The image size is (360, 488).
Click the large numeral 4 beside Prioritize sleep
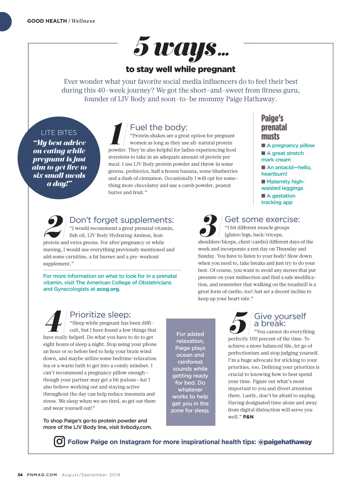[54, 322]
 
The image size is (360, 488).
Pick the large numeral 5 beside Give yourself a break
[238, 323]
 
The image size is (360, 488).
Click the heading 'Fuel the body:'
[159, 127]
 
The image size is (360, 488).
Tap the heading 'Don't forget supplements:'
[121, 220]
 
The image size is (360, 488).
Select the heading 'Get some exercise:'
[262, 219]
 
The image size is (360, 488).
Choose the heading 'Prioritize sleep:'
[100, 315]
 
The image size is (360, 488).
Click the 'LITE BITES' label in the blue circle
[59, 133]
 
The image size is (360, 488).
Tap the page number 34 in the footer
[20, 475]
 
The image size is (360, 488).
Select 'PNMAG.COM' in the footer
[42, 475]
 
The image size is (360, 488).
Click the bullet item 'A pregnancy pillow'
[290, 145]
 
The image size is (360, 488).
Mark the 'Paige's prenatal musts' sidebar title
[274, 127]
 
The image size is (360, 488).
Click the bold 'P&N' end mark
[248, 417]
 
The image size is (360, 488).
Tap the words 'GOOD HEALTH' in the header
[47, 21]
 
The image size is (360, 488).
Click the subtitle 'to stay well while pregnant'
[181, 69]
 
